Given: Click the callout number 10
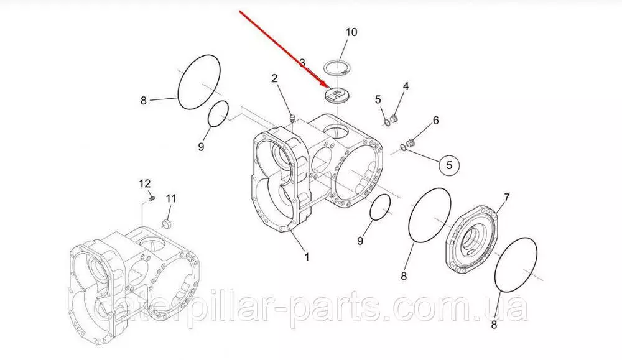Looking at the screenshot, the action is [351, 32].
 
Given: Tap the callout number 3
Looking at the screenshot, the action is [302, 63].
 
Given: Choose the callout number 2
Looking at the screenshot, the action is [274, 78].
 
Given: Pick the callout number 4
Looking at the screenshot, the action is [406, 86].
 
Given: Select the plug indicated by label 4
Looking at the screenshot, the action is [394, 119].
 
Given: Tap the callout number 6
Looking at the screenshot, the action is [435, 120].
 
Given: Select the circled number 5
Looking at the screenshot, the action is [449, 165].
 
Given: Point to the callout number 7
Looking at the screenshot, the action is [506, 197].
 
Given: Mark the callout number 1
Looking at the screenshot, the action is [306, 257].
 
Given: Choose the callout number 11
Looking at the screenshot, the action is [170, 198].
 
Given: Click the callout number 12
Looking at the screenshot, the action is [145, 183].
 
